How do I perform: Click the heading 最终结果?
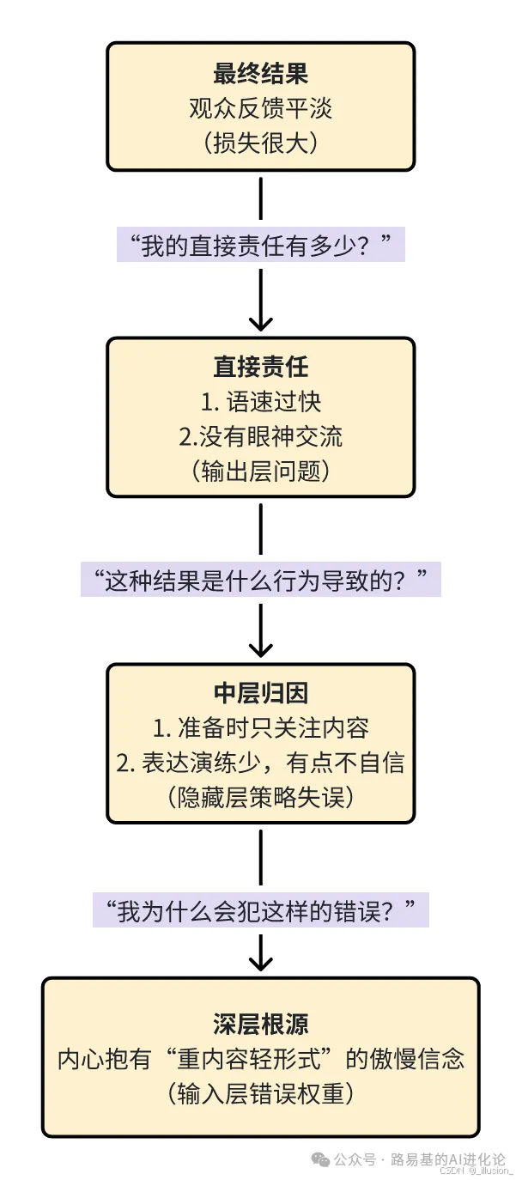pos(260,75)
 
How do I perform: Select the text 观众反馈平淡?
pos(260,108)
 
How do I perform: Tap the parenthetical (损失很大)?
pos(260,143)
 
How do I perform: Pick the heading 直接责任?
pos(260,368)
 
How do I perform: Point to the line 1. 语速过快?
pos(260,402)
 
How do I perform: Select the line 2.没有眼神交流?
pos(260,436)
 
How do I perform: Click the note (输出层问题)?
pos(260,471)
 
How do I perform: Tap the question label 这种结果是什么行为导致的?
pos(260,581)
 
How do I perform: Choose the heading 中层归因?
pos(260,694)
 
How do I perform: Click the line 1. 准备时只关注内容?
pos(260,728)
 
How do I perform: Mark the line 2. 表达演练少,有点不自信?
pos(260,763)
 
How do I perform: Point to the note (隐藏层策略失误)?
pos(260,797)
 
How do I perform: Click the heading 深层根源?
pos(260,1025)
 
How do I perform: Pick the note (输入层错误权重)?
pos(260,1093)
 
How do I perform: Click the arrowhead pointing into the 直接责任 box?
pos(260,324)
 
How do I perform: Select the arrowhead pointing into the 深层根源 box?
pos(260,964)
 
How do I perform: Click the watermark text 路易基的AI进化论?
pos(447,1159)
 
